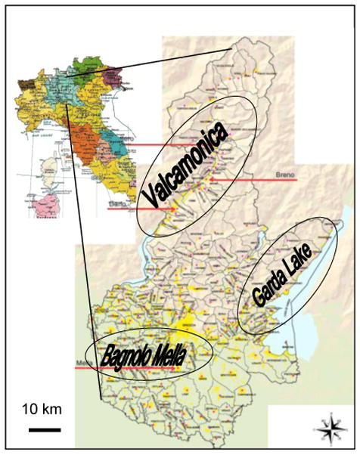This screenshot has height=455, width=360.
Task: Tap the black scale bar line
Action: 45,429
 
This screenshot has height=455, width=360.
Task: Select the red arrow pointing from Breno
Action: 242,181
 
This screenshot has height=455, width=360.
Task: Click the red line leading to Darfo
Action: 140,209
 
